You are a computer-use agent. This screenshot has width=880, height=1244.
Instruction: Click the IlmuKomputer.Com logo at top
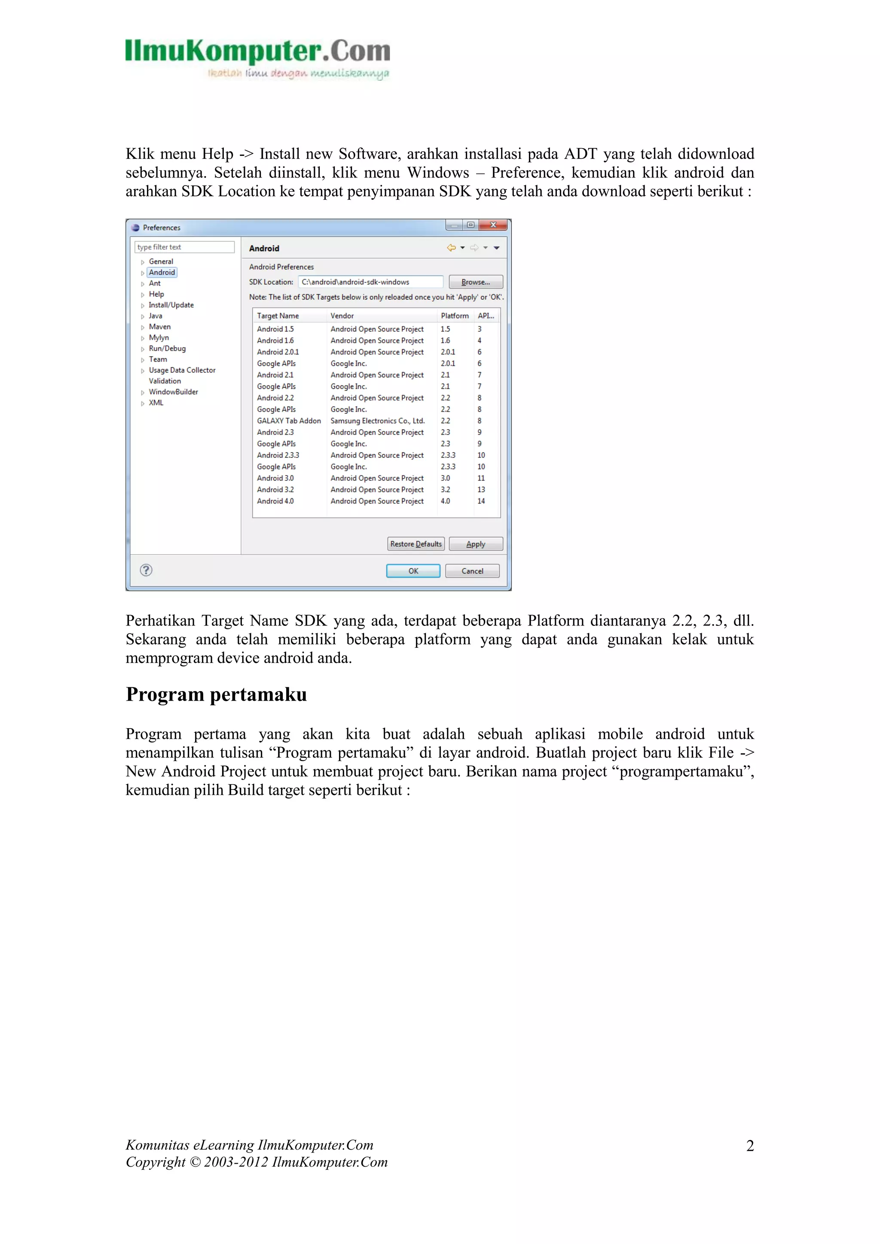[257, 58]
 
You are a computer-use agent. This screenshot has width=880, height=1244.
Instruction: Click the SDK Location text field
[371, 282]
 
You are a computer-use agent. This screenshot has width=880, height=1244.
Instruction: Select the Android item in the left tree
[162, 272]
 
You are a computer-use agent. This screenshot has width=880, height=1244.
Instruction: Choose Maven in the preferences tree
[159, 327]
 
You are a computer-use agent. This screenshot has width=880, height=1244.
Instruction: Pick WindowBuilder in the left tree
[174, 392]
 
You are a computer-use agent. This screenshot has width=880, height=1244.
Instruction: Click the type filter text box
[184, 247]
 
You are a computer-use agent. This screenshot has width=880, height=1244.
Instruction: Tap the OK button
[413, 571]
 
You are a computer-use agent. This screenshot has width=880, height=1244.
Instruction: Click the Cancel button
[472, 571]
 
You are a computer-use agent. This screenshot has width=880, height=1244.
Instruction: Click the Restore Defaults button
[416, 544]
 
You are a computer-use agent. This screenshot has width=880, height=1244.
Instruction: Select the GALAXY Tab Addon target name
[289, 421]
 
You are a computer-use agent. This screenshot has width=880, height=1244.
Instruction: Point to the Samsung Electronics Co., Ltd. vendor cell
[377, 421]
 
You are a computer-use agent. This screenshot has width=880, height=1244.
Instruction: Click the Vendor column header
[342, 316]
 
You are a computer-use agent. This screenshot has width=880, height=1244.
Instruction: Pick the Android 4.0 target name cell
[275, 501]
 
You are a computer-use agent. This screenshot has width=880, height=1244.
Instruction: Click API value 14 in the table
[481, 501]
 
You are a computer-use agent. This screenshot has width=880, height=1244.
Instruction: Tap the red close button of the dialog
[493, 225]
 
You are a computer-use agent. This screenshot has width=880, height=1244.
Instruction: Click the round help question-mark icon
[146, 570]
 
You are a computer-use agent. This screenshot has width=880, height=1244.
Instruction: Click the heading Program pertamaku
[216, 695]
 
